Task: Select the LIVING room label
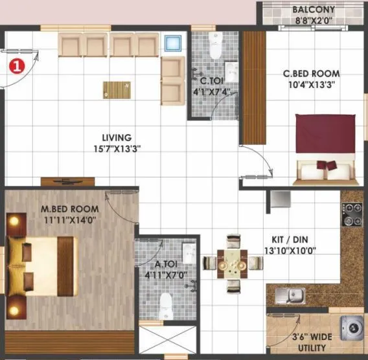tap(117, 138)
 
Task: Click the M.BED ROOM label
tap(70, 209)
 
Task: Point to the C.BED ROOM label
tap(311, 74)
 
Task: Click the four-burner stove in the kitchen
tap(351, 215)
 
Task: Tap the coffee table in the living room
tap(116, 89)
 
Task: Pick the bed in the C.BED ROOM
tap(326, 147)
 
